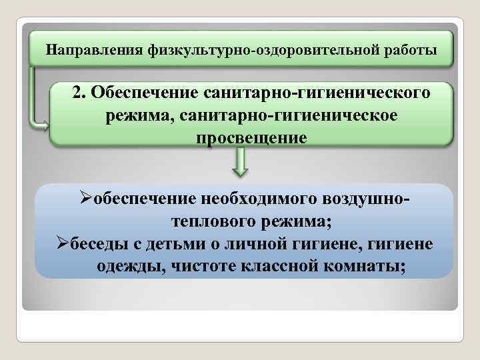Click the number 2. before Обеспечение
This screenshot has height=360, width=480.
(x=81, y=93)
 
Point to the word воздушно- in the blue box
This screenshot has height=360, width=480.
(x=365, y=198)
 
